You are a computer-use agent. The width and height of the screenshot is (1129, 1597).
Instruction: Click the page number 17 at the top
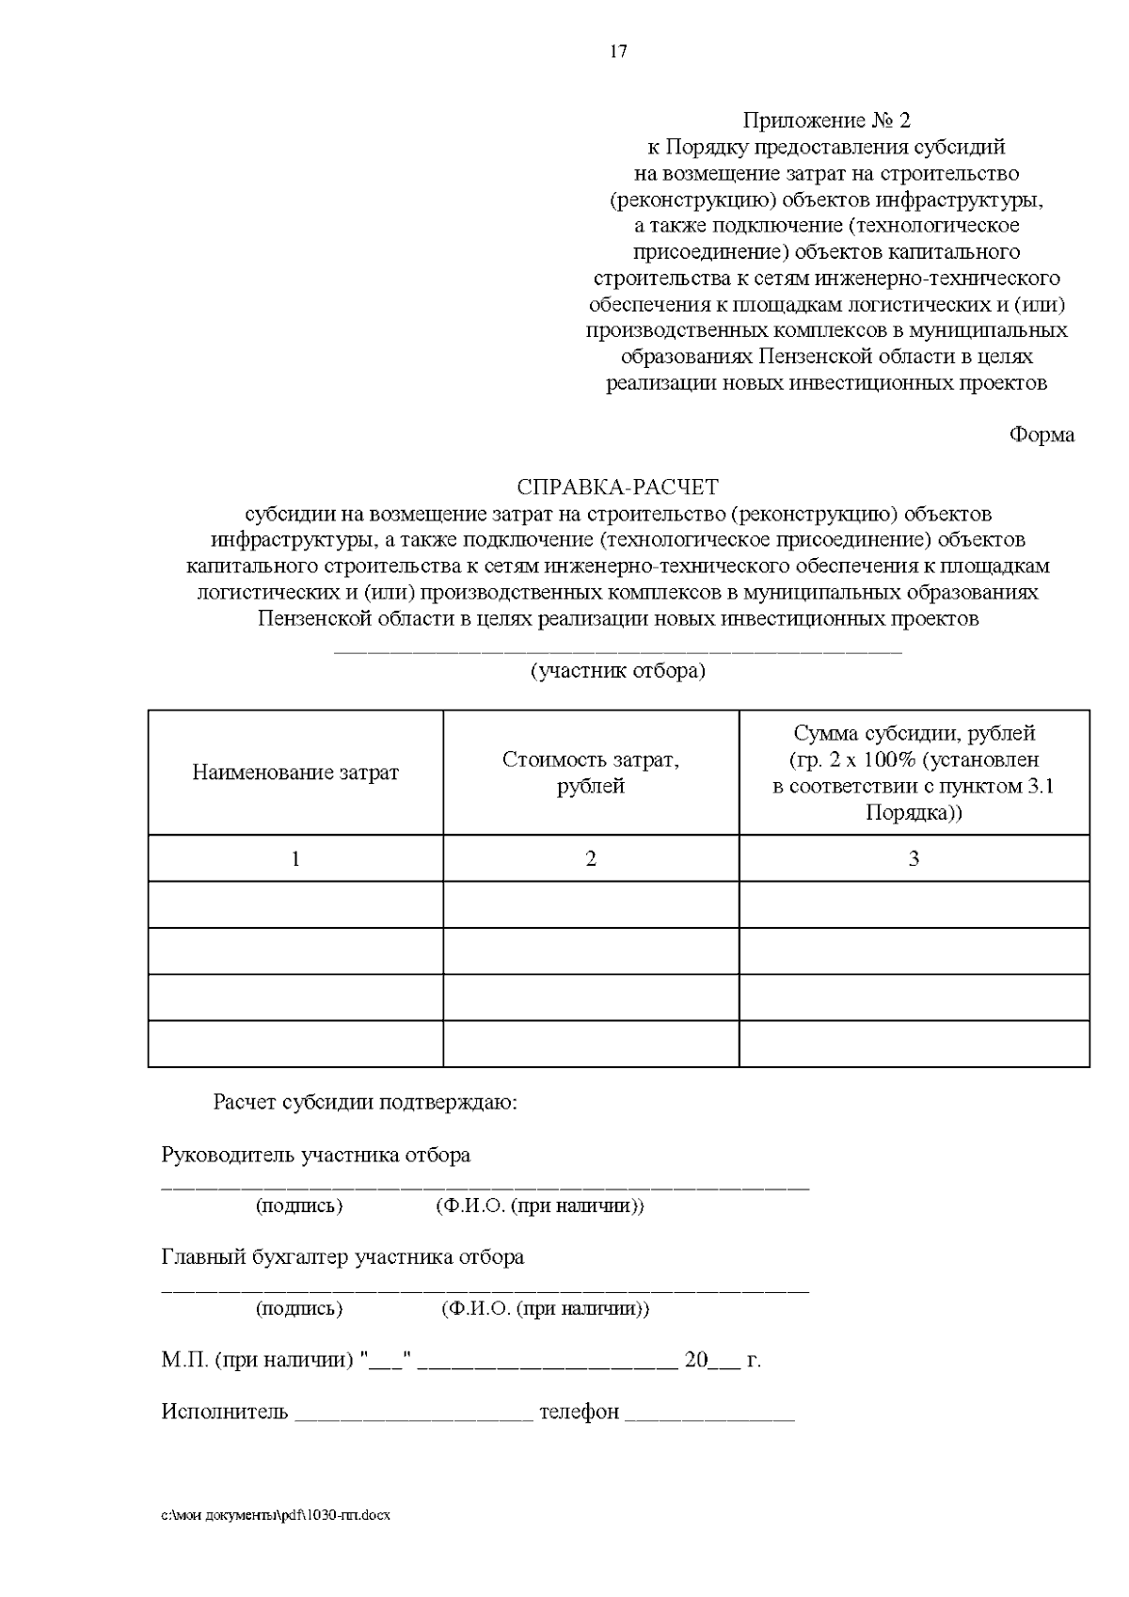618,52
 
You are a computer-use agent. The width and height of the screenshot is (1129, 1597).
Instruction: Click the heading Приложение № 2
826,120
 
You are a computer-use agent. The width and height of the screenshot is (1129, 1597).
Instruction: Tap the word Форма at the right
1041,435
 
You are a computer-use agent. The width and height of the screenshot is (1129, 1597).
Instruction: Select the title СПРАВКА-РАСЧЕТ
617,487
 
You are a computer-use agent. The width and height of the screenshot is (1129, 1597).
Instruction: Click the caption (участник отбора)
617,671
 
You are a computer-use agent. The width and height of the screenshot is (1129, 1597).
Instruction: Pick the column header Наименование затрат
295,773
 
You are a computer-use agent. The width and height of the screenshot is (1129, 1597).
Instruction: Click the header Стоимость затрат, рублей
591,773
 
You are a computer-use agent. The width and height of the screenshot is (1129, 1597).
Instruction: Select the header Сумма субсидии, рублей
914,733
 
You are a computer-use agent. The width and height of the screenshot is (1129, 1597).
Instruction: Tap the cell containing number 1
295,858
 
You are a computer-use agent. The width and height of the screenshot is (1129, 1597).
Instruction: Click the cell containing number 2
591,858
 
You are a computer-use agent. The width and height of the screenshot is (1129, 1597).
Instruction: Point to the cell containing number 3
914,858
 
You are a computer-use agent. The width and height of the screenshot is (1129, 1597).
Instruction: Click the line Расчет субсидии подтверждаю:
365,1102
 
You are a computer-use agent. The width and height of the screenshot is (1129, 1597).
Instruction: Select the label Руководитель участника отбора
316,1155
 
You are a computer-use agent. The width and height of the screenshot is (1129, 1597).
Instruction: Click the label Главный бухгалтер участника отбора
342,1257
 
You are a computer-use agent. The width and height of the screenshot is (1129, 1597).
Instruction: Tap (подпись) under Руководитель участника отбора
299,1206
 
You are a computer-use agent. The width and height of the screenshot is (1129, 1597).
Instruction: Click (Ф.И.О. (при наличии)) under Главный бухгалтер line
544,1309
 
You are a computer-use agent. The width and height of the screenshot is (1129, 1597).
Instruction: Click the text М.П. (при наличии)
257,1361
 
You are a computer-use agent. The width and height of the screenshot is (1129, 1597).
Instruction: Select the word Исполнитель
225,1413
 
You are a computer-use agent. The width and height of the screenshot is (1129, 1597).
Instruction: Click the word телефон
579,1413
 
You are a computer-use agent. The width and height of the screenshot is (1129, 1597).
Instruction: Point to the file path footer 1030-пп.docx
276,1516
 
